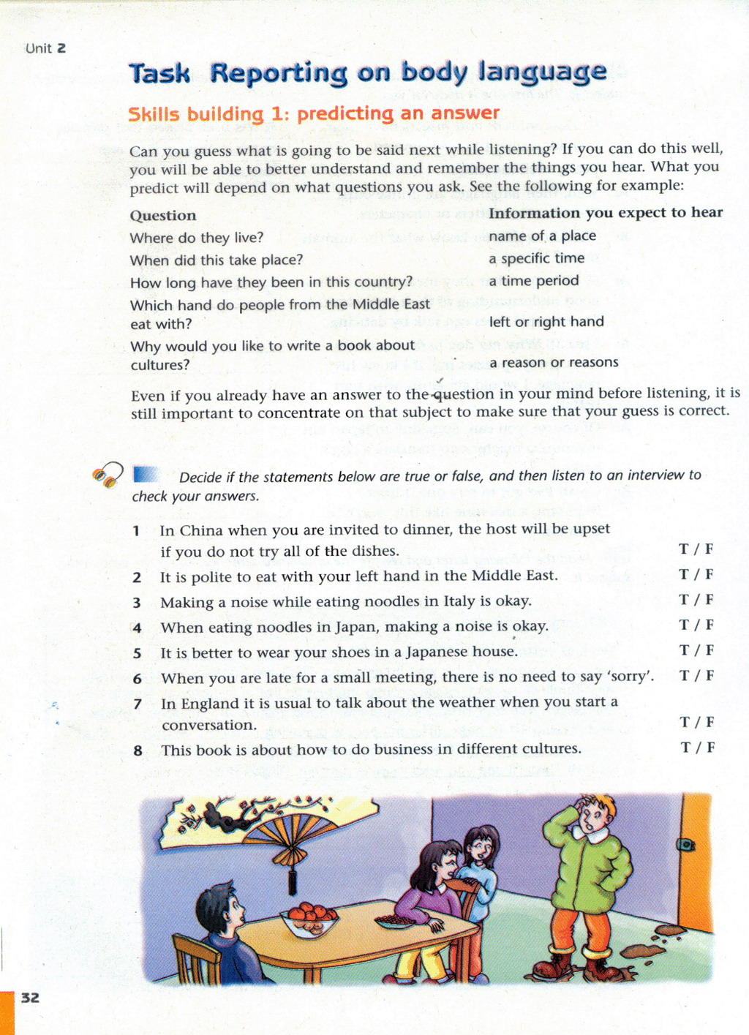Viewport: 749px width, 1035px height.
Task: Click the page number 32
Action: click(x=30, y=998)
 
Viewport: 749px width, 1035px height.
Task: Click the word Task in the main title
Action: click(x=159, y=73)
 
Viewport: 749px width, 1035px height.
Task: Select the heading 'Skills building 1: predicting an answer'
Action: click(x=314, y=114)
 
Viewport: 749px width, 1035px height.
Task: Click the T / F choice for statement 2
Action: click(x=696, y=575)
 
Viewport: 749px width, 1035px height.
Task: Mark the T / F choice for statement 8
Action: click(x=697, y=748)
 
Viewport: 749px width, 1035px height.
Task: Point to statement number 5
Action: click(x=137, y=653)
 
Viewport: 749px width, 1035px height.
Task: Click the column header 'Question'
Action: click(x=163, y=216)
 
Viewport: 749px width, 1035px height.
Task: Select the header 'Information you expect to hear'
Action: click(x=606, y=213)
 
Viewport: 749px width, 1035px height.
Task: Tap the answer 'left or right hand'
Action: click(x=546, y=322)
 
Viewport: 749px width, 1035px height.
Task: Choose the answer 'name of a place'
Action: click(x=542, y=236)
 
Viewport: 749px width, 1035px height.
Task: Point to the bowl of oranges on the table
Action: click(x=310, y=919)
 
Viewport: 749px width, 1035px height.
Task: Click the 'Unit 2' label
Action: click(x=45, y=48)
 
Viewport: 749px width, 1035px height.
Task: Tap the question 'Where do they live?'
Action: click(x=196, y=238)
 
